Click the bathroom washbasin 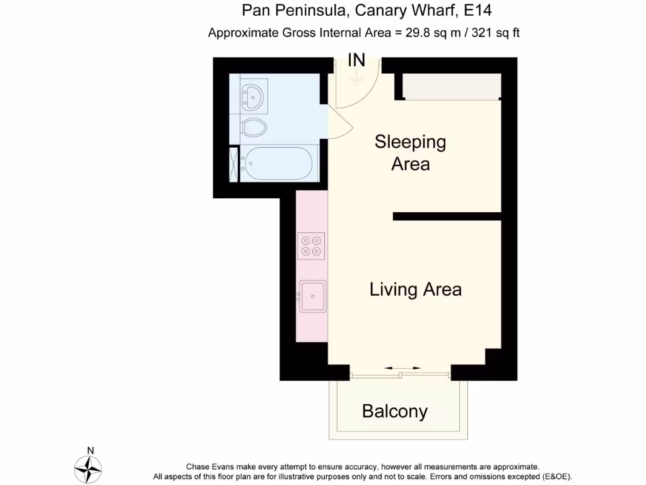point(254,97)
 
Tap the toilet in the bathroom point(254,127)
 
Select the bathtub point(277,164)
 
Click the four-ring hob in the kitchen point(311,246)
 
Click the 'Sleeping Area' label point(410,153)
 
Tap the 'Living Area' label point(415,290)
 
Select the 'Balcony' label point(395,412)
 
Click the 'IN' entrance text point(356,61)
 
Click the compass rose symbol point(88,469)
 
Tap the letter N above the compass point(90,450)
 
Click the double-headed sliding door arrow point(402,368)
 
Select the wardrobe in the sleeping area point(452,87)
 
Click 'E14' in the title point(477,11)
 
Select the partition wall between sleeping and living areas point(447,216)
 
